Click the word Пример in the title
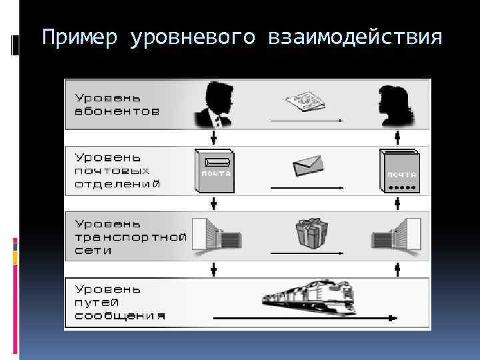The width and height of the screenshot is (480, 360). [x=81, y=37]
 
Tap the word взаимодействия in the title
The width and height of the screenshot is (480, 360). [x=355, y=37]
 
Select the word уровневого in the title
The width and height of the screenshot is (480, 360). [x=194, y=37]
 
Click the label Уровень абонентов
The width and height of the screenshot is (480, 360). [x=117, y=104]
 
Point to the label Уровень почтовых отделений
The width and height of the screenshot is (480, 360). [x=117, y=170]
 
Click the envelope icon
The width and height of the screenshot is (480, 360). [x=307, y=164]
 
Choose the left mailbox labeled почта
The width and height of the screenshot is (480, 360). [x=214, y=171]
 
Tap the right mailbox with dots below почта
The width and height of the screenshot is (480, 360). [x=399, y=172]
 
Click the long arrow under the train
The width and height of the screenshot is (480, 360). [x=307, y=319]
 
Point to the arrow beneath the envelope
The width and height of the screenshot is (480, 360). [x=307, y=188]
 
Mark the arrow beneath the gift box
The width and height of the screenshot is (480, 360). [x=307, y=254]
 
